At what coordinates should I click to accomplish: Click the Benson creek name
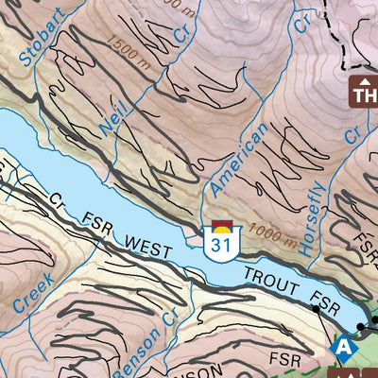point(138,338)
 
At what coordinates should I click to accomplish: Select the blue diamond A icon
point(343,349)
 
